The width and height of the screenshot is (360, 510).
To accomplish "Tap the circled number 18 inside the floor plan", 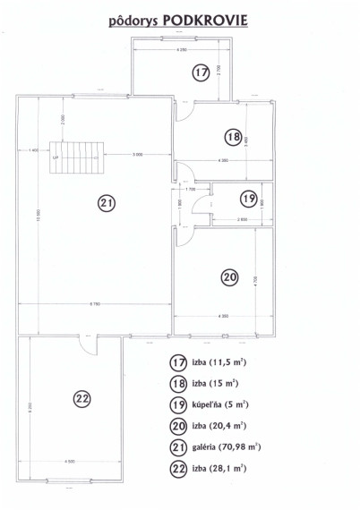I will (x=234, y=137).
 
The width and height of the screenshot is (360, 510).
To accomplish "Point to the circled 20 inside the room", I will (x=229, y=278).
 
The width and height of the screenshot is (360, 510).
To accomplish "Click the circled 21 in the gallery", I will (x=107, y=203).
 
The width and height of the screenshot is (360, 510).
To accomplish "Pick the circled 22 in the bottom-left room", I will (x=83, y=398).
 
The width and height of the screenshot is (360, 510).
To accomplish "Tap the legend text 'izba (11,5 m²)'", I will (x=219, y=362).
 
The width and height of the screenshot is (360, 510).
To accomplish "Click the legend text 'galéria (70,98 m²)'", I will (x=226, y=446).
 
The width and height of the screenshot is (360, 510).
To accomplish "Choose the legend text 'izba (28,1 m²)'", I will (x=219, y=468).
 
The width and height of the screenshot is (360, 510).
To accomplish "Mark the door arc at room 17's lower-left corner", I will (x=183, y=111).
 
